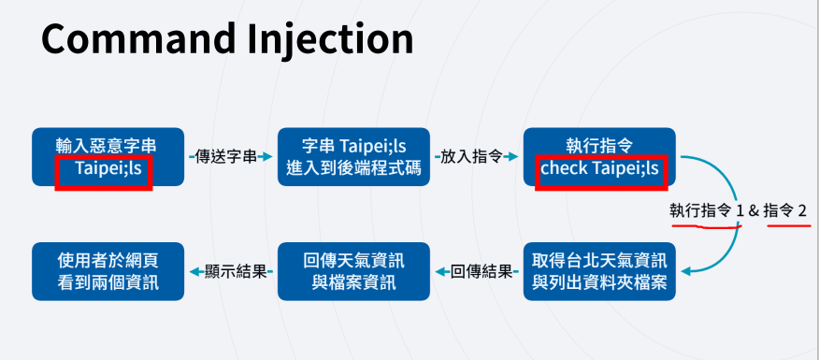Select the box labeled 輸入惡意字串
coord(108,157)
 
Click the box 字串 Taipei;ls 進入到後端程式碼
coord(353,157)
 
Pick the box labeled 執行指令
coord(599,157)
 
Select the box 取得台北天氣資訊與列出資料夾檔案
coord(599,271)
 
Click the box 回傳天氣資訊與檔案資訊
coord(353,271)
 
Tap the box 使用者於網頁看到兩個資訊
coord(108,271)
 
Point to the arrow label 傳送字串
coord(226,156)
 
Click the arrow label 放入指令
coord(471,156)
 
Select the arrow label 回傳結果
coord(481,272)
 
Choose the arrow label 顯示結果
coord(237,272)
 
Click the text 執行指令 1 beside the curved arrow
coord(707,211)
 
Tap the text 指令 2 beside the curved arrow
coord(785,211)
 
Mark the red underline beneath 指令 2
coord(789,225)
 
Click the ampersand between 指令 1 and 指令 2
coord(754,211)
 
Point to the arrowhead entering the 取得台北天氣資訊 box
coord(686,271)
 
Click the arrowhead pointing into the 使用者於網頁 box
coord(195,272)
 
